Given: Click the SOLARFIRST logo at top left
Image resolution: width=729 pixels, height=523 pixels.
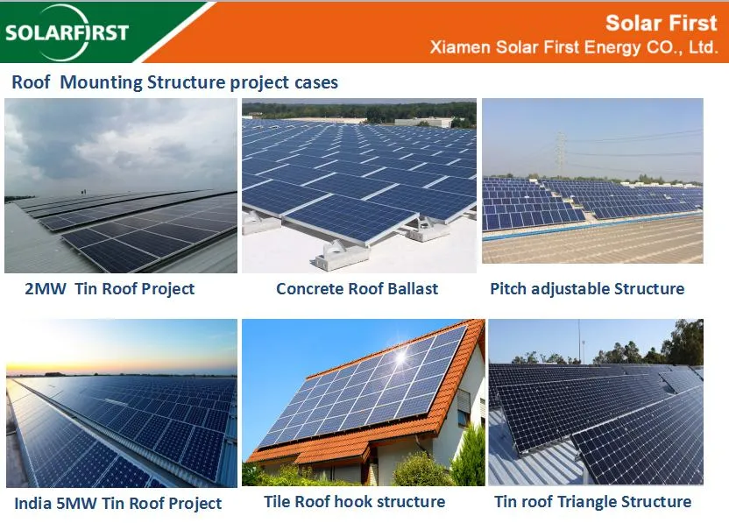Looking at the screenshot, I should pos(67,32).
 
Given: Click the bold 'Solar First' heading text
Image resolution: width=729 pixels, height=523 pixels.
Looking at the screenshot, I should pos(662,23).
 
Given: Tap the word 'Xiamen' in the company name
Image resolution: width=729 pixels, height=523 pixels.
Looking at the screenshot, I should pos(457,47).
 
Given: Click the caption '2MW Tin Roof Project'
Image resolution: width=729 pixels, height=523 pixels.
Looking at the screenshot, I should pos(110,288).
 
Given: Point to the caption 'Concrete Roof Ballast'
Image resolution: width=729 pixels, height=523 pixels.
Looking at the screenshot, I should pos(357,288).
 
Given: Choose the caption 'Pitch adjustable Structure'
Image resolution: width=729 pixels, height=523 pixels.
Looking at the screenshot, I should pos(587,288).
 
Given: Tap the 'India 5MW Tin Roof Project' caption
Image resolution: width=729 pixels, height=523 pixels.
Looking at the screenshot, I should pos(117,504).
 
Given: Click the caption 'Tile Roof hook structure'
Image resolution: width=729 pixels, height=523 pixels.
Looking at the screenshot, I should pos(354,502).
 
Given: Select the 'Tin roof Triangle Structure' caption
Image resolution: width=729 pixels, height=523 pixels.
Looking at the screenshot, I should pos(592,502).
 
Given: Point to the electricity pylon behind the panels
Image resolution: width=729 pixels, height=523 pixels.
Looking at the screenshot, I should pos(561,153).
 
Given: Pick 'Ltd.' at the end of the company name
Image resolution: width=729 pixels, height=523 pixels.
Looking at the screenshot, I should pos(703,47).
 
